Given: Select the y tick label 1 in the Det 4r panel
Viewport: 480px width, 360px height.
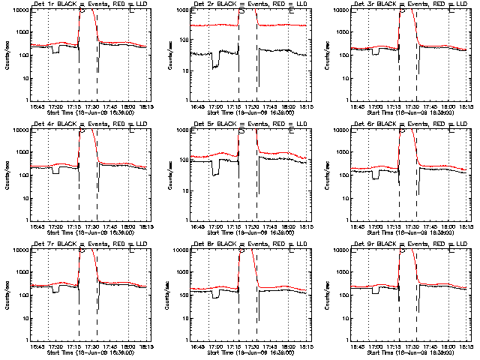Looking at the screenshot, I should pyautogui.click(x=25, y=220).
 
